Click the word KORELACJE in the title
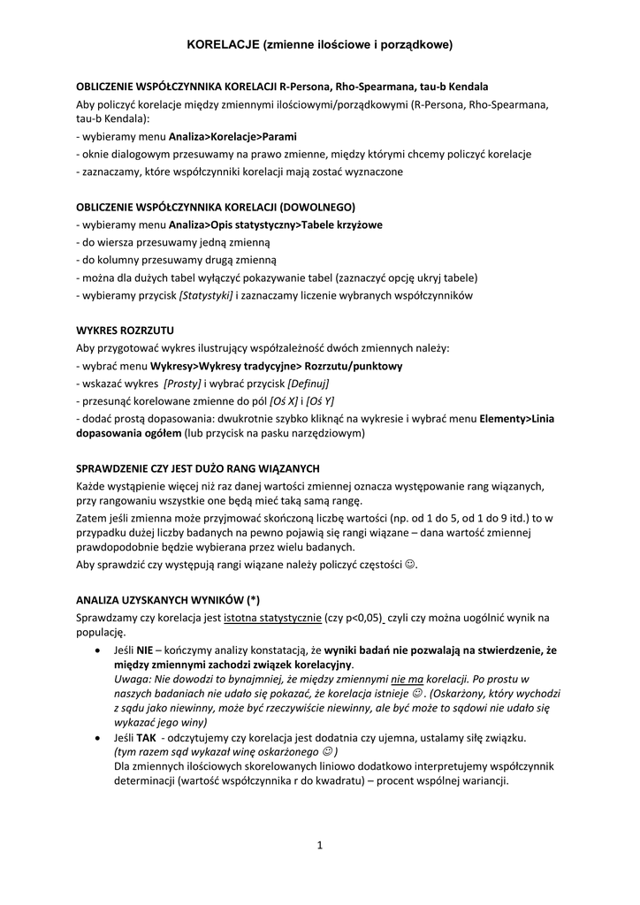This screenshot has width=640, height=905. pos(223,42)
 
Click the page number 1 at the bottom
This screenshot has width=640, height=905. pos(320,845)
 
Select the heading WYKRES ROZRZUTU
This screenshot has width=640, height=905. pos(125,331)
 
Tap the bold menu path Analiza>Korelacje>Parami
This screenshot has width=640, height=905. pos(232,137)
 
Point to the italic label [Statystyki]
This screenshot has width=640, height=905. pos(206,294)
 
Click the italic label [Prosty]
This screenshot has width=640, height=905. pos(182,383)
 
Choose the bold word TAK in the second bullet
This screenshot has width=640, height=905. pos(146,736)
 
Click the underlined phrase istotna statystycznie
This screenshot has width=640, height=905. pos(272,616)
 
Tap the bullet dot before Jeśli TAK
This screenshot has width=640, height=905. pos(96,737)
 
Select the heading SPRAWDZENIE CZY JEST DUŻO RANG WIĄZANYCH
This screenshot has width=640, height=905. pos(198,468)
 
